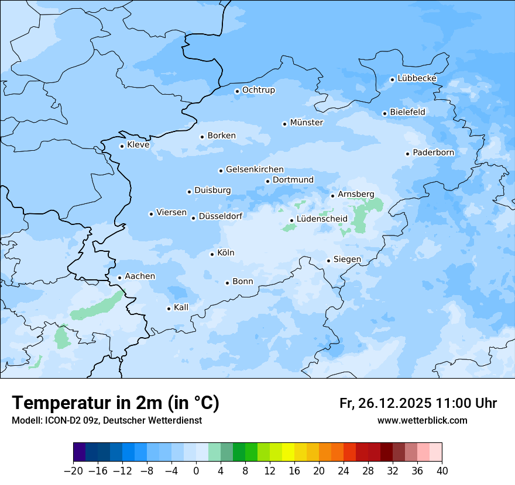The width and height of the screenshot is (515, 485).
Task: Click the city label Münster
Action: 306,123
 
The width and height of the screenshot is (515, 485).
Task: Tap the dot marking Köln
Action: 212,254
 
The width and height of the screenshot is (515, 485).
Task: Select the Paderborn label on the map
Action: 433,153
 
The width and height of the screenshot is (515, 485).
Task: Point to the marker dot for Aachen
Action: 119,278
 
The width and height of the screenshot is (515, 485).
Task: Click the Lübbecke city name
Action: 417,78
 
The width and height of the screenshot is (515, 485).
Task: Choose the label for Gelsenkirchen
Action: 255,169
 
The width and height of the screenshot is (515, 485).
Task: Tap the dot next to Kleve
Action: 122,146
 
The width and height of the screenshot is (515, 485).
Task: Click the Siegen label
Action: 347,259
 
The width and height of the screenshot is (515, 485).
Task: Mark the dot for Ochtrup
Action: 237,91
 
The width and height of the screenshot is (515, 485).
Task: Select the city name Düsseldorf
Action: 221,216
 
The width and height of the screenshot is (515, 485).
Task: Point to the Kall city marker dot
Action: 169,309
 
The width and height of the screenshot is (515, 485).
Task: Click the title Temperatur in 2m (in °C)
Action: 115,403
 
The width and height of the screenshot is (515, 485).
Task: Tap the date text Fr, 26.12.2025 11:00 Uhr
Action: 418,403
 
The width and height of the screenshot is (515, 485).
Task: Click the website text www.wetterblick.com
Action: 422,420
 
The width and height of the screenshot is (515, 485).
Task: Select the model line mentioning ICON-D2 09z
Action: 107,420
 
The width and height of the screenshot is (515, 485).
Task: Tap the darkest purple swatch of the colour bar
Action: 80,452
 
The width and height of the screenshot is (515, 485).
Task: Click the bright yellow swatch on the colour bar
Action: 288,452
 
